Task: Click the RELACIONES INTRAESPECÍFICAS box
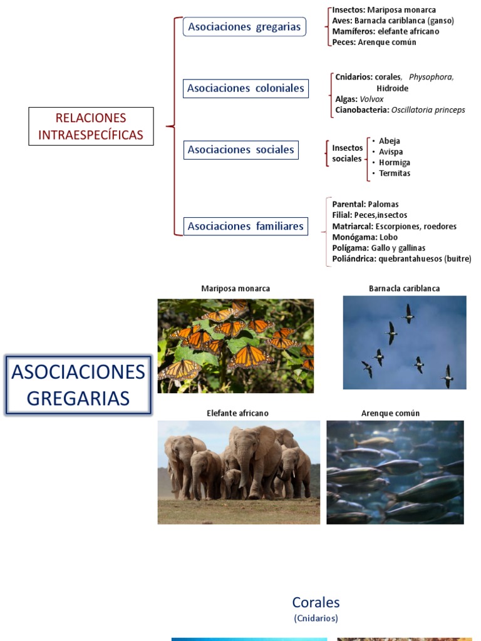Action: click(x=91, y=126)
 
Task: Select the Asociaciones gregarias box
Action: click(x=244, y=27)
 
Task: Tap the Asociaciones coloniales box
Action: click(x=246, y=88)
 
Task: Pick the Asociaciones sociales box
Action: click(x=240, y=150)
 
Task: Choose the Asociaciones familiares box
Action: click(x=246, y=226)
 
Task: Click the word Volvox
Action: click(x=371, y=99)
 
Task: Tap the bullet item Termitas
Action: click(x=395, y=173)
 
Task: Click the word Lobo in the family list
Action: click(x=388, y=237)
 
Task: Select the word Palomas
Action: click(x=383, y=204)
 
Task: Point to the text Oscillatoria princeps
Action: click(x=428, y=110)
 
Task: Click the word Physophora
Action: click(x=431, y=77)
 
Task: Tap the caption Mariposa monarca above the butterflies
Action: click(x=235, y=289)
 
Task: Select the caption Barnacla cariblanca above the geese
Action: click(x=404, y=289)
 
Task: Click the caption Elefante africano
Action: click(x=237, y=413)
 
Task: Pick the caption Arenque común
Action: click(x=390, y=413)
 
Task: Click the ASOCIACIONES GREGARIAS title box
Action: click(x=78, y=385)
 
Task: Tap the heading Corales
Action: click(x=316, y=602)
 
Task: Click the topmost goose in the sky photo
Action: click(x=408, y=312)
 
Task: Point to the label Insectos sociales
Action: click(x=347, y=153)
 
